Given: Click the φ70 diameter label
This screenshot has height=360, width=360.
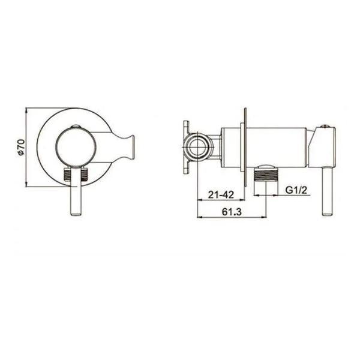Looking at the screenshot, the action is pos(21,148).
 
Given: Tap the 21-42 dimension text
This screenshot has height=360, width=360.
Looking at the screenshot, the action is pos(221,194).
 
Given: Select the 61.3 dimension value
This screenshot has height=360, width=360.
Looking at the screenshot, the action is pos(232,212).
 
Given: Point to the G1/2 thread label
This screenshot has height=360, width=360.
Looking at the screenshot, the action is pos(296,190).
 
